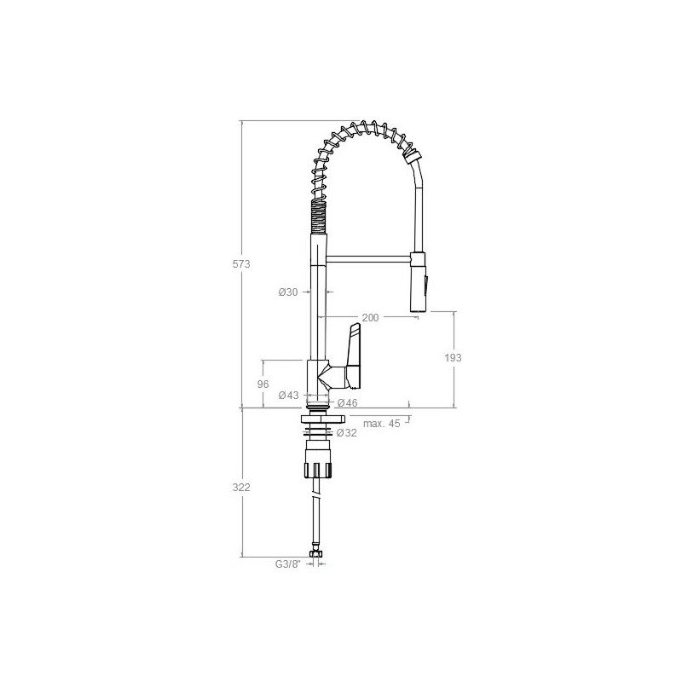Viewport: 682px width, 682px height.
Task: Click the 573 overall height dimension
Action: point(241,264)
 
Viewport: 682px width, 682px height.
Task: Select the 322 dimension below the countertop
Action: point(241,487)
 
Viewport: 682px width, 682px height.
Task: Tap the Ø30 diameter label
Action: point(288,292)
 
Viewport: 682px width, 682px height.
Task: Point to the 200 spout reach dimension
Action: point(370,318)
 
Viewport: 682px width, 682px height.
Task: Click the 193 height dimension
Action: point(453,358)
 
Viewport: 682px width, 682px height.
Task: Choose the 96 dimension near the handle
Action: point(263,384)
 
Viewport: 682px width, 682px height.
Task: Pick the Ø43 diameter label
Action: point(288,395)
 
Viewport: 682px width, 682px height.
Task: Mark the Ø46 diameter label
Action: point(347,402)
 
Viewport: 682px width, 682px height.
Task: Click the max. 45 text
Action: point(381,424)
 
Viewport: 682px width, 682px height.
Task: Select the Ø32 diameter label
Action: point(346,433)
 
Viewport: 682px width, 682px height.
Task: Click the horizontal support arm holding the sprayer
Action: point(368,257)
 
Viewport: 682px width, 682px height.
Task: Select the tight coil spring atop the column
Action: point(316,217)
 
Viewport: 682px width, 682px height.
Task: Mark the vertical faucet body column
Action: point(316,315)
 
